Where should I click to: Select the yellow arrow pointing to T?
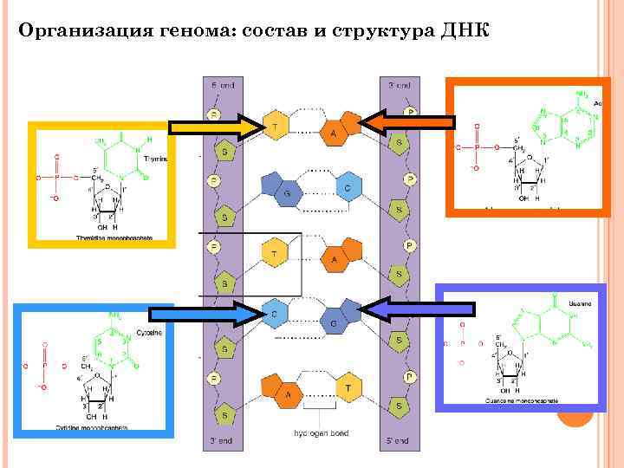216,128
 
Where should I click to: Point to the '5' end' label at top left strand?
222,85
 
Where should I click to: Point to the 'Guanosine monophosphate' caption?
522,401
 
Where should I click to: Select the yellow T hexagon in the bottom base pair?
349,388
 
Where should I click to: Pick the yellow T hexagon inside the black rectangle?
275,254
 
